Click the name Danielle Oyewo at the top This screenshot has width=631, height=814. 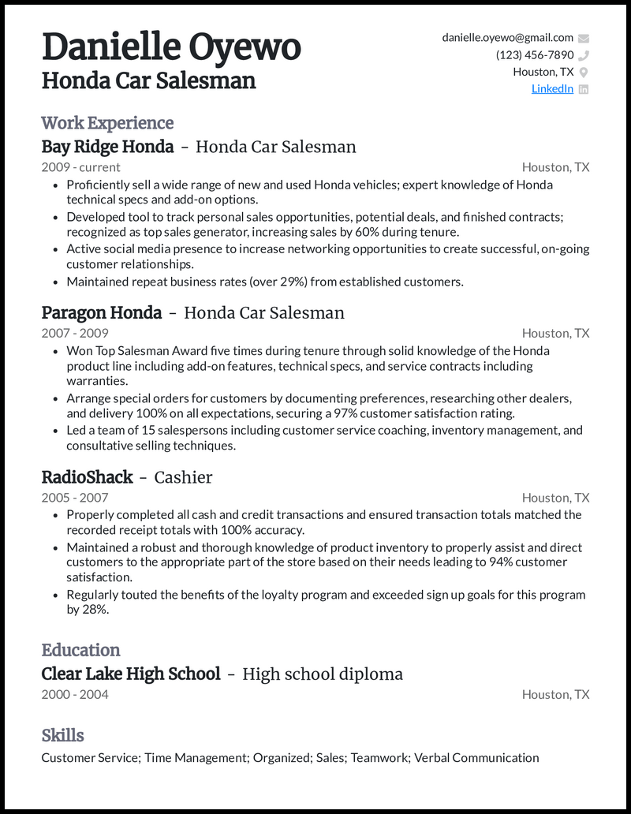click(x=170, y=47)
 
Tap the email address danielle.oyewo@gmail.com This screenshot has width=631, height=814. click(x=507, y=38)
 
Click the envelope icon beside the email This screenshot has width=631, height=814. click(x=584, y=38)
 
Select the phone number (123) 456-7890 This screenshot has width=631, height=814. click(x=534, y=55)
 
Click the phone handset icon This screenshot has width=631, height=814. click(x=584, y=55)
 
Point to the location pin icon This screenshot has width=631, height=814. click(x=584, y=73)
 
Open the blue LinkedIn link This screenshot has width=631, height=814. click(x=552, y=89)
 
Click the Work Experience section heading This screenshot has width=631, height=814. click(x=107, y=123)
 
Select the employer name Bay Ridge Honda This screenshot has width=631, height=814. click(x=107, y=147)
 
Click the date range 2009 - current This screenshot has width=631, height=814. click(x=80, y=167)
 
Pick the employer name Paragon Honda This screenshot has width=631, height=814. click(x=101, y=313)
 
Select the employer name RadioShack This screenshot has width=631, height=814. click(x=87, y=477)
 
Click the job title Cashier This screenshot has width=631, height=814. click(x=183, y=477)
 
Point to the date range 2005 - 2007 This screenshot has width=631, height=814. click(x=75, y=498)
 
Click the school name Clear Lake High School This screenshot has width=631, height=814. click(x=130, y=674)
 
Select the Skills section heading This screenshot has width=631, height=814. click(x=62, y=735)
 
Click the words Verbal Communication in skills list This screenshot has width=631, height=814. click(x=476, y=758)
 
